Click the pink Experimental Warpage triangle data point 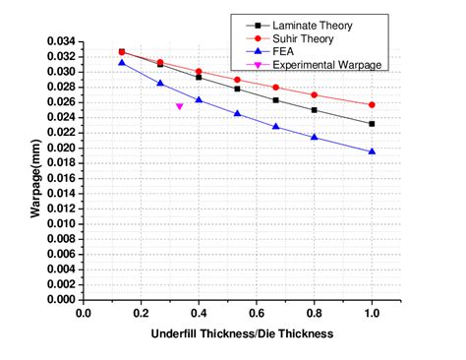point(179,106)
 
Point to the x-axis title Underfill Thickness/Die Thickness point(242,333)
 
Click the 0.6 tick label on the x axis point(257,314)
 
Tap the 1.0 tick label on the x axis point(372,314)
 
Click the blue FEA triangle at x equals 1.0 point(372,151)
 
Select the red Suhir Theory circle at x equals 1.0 point(372,104)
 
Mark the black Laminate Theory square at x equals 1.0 point(372,124)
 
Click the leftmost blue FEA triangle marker point(122,63)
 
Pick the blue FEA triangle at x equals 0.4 point(199,99)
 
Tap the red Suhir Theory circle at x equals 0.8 point(315,95)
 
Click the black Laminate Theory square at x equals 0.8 point(315,110)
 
